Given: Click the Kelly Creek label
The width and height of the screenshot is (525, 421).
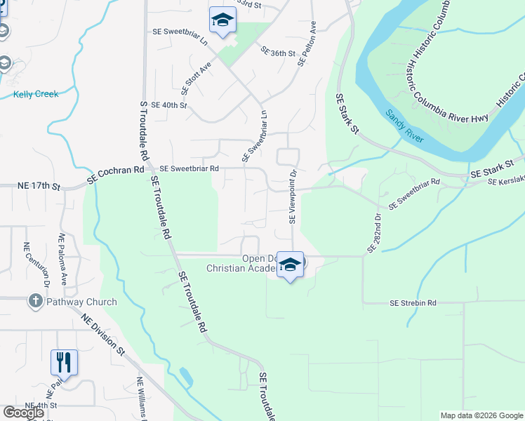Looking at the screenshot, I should [x=35, y=93].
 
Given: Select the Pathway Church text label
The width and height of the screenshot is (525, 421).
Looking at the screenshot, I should [x=82, y=302].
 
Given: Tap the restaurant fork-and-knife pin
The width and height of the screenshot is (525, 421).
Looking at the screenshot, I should [x=64, y=363].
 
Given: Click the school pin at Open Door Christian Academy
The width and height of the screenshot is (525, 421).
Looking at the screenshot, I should [x=290, y=265].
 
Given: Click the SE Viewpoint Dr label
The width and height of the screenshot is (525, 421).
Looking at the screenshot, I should [x=294, y=196].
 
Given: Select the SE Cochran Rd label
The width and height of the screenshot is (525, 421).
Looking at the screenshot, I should [x=116, y=175].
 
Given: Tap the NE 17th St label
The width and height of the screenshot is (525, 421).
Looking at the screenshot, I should [x=39, y=186].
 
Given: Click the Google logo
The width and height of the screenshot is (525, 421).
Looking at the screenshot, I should [x=24, y=413].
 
